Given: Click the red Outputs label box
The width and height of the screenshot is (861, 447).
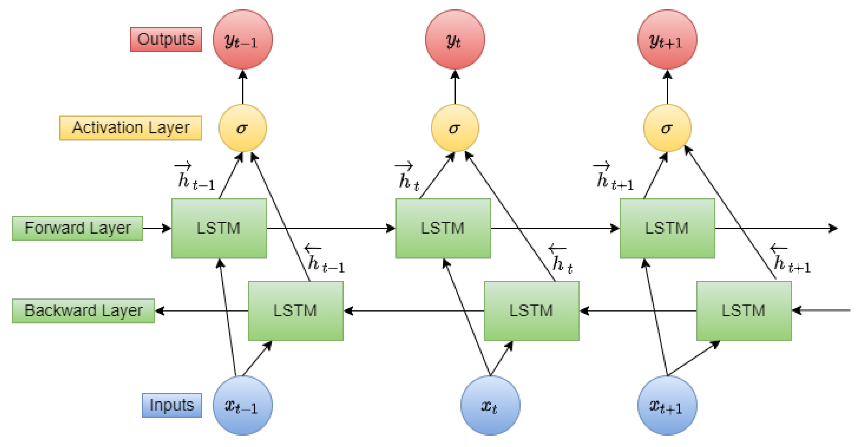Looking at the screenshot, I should (x=166, y=40).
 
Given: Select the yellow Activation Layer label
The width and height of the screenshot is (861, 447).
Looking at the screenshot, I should (x=130, y=128).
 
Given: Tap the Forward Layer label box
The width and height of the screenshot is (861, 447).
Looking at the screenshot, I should (x=78, y=228).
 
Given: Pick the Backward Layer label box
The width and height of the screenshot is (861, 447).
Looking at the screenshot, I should (x=83, y=311).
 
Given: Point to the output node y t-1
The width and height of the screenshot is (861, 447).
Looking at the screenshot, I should (x=242, y=40).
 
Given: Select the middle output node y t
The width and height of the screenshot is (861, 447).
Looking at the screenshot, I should (x=455, y=40).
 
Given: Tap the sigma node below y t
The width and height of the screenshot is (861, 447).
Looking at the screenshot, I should (x=455, y=128).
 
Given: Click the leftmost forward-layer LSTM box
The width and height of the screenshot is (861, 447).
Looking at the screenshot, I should (x=219, y=228).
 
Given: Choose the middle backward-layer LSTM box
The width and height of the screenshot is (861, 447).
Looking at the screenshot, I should (x=531, y=311).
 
